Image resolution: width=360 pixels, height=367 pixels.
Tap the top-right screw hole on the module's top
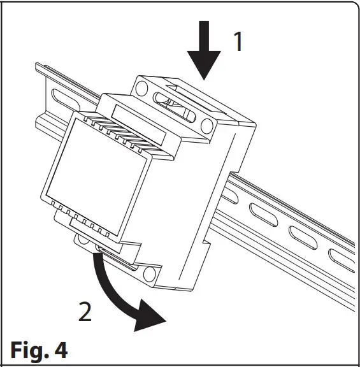207,124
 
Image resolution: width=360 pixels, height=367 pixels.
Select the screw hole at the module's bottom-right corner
150,275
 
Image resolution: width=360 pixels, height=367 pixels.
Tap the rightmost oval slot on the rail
341,258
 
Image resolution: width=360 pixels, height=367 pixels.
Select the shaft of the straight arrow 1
205,35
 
